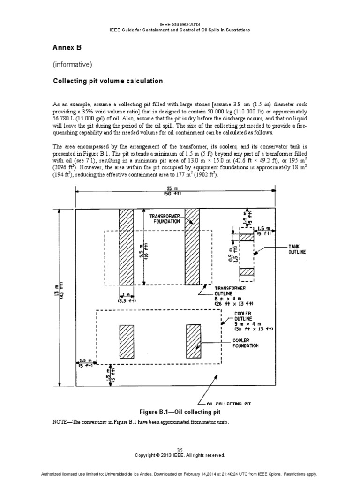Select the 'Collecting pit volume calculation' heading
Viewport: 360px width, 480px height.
tap(107, 81)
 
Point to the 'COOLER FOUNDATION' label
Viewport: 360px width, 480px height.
tap(245, 343)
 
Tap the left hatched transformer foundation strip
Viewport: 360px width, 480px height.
tap(126, 247)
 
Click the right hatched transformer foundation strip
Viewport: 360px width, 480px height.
tap(192, 247)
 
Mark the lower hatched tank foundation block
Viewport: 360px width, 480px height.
tap(247, 272)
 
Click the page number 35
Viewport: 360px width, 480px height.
tap(180, 450)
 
